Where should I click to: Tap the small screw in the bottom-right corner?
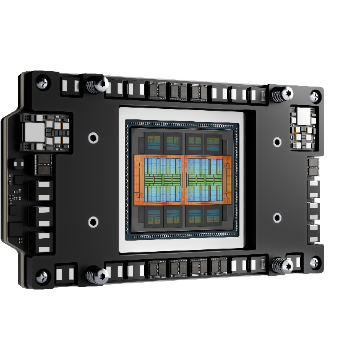click(315, 262)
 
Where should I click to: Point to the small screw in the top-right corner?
click(315, 96)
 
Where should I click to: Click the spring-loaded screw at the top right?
click(285, 94)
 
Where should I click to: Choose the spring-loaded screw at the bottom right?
click(285, 265)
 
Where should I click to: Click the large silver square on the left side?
click(32, 131)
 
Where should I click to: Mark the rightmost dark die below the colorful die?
click(213, 215)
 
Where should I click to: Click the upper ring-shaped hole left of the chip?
click(93, 137)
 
